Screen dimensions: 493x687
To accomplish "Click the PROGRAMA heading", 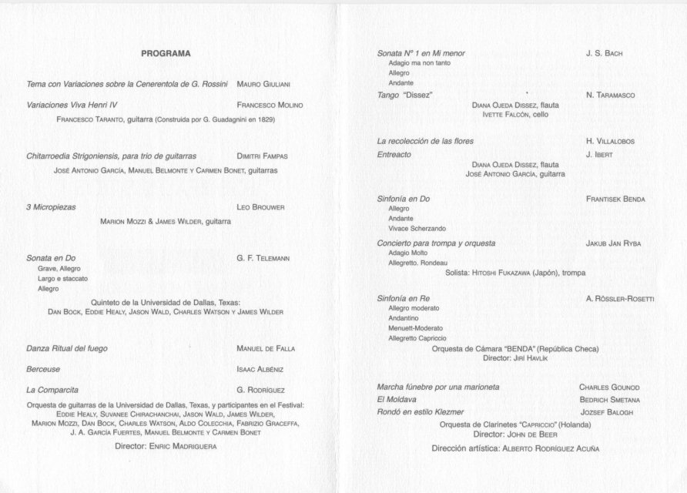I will [x=166, y=54].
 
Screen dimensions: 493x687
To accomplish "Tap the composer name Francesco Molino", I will [x=270, y=105].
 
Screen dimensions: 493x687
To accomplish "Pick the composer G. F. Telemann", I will [x=263, y=258].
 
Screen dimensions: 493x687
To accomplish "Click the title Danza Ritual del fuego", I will [x=67, y=349].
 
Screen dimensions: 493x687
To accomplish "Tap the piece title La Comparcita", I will [x=53, y=390].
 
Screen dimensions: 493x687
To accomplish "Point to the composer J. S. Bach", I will [x=604, y=54].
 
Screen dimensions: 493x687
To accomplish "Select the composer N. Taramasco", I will [x=610, y=95].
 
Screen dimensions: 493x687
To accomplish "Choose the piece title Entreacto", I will [x=394, y=155].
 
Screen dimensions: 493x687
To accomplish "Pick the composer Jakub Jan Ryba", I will [x=613, y=243].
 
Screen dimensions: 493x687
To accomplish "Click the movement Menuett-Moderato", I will [x=416, y=327].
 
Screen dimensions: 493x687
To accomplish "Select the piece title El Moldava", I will [x=397, y=400].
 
